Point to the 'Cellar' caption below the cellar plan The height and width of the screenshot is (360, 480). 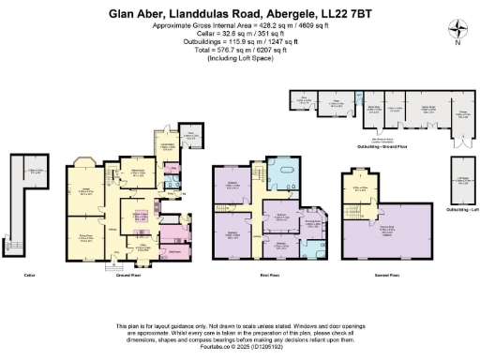pyautogui.click(x=28, y=277)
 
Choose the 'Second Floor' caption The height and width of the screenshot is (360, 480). pyautogui.click(x=373, y=277)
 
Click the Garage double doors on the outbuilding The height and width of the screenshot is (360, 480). pyautogui.click(x=460, y=142)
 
